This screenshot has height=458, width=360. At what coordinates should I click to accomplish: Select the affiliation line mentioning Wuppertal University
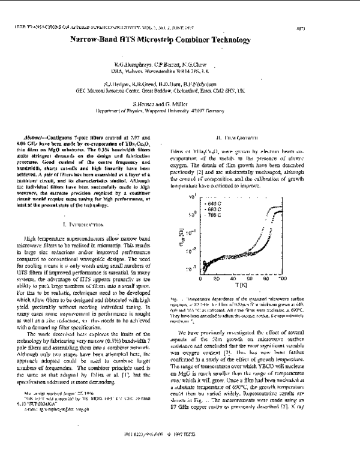point(179,110)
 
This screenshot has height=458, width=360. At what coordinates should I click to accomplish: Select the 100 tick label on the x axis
point(321,280)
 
